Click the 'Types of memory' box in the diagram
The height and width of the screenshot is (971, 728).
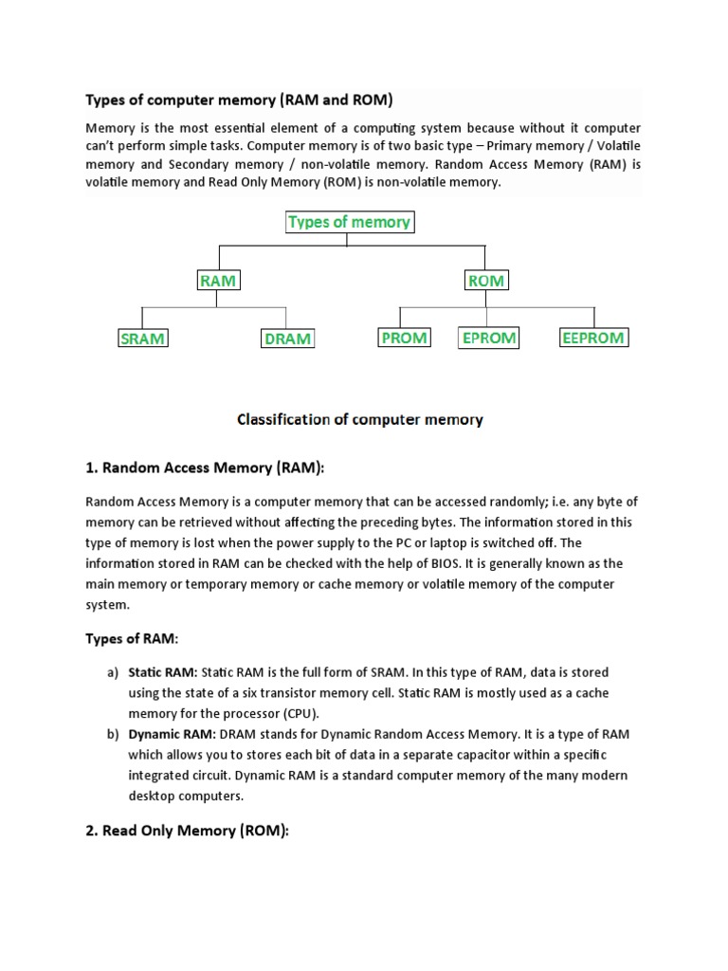349,222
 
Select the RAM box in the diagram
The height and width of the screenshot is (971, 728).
219,280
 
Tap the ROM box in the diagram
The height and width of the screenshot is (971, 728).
486,280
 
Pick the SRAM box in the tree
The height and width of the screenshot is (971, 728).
142,339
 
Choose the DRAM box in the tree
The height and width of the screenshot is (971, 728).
287,339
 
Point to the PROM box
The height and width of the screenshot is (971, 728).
404,338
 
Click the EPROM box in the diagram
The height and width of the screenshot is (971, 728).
488,338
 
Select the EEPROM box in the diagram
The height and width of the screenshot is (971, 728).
593,338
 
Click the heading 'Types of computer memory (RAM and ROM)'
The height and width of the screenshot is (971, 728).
239,100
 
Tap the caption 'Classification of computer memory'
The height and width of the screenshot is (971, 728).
359,419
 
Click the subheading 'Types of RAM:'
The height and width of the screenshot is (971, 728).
132,639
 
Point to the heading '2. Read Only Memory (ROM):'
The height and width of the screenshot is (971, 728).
187,830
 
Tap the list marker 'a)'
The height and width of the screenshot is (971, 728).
113,672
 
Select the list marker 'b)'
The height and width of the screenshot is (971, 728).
113,734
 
